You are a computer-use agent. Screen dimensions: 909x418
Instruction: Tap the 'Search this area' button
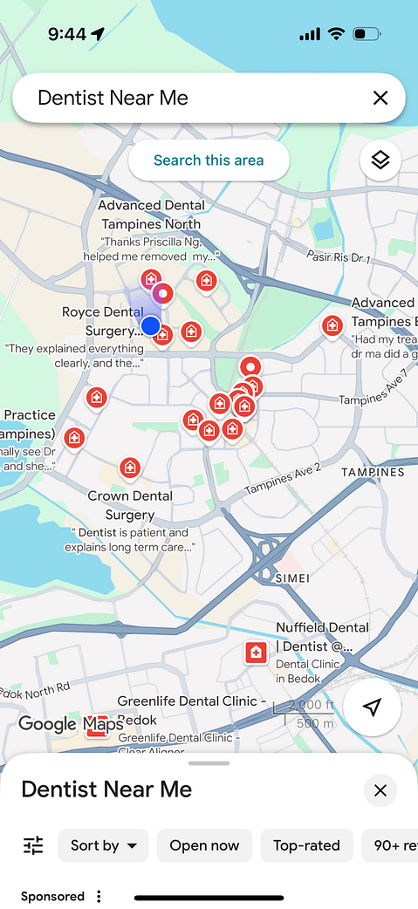pyautogui.click(x=209, y=161)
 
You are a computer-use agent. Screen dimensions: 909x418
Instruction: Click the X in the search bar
pyautogui.click(x=380, y=98)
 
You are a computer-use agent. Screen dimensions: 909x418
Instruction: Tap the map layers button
pyautogui.click(x=380, y=161)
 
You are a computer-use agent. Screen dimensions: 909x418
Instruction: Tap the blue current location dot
pyautogui.click(x=151, y=326)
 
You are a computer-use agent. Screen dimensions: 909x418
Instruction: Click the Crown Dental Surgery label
pyautogui.click(x=130, y=505)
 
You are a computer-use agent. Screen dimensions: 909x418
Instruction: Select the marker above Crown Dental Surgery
pyautogui.click(x=130, y=468)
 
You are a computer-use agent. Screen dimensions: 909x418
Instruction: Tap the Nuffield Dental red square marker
pyautogui.click(x=256, y=653)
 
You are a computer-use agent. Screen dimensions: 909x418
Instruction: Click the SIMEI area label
pyautogui.click(x=291, y=578)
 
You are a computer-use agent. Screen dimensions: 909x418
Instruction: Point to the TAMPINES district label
pyautogui.click(x=373, y=472)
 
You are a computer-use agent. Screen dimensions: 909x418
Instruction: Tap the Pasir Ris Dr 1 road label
pyautogui.click(x=339, y=256)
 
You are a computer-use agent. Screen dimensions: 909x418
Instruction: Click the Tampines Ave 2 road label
pyautogui.click(x=283, y=478)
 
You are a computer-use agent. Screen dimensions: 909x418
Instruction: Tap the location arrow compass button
pyautogui.click(x=372, y=707)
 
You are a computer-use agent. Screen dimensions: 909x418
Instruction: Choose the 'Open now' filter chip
pyautogui.click(x=204, y=845)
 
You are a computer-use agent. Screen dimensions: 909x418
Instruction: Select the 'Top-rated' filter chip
pyautogui.click(x=306, y=845)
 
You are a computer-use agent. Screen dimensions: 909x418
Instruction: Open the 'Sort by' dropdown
pyautogui.click(x=104, y=845)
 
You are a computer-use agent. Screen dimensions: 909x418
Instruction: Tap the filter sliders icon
pyautogui.click(x=33, y=845)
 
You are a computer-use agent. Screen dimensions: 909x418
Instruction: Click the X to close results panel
pyautogui.click(x=380, y=790)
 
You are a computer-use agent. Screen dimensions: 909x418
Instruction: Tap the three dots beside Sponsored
pyautogui.click(x=99, y=897)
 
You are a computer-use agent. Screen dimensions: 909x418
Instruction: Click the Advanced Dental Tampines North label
pyautogui.click(x=152, y=215)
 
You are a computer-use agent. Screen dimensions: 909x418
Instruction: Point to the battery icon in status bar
pyautogui.click(x=367, y=34)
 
